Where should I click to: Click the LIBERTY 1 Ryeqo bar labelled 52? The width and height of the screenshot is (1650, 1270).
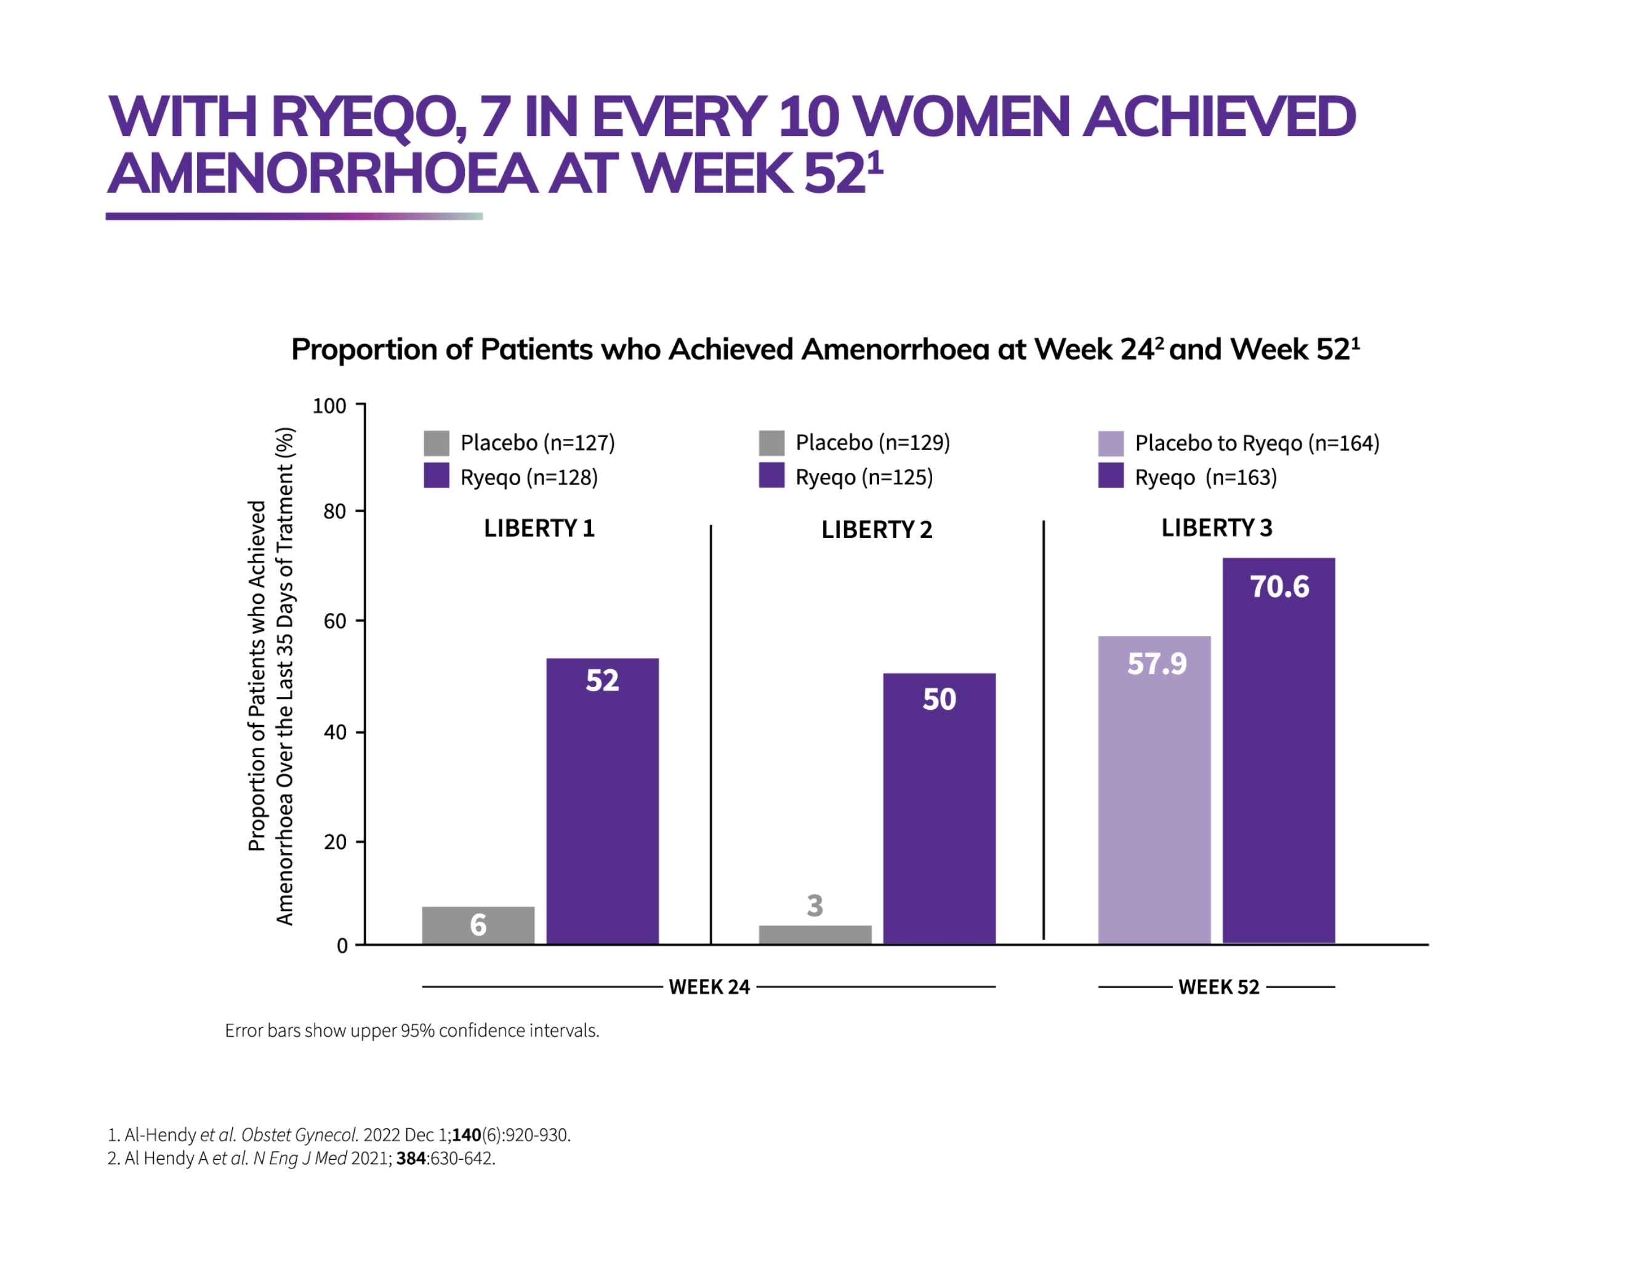pos(602,801)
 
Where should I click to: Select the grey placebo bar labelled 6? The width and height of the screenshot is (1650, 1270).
pos(478,925)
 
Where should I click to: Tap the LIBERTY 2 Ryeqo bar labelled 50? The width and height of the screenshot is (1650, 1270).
pos(939,808)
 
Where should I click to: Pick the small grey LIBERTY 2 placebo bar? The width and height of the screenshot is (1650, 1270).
pos(815,934)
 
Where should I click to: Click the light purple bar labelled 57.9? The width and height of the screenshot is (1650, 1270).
pos(1154,789)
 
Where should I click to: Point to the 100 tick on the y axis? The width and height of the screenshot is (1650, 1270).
pos(329,406)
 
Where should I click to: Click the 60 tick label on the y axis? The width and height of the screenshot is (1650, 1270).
pos(335,621)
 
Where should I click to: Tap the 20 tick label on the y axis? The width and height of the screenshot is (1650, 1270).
pos(335,842)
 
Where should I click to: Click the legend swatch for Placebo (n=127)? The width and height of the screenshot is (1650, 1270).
pos(436,443)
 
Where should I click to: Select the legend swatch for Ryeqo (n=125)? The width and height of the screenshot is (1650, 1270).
pos(771,476)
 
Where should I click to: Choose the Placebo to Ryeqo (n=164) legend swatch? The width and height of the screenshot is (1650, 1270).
pos(1111,443)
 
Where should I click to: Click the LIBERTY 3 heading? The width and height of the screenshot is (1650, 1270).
pos(1217,528)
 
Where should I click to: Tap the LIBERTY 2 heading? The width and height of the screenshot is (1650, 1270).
pos(876,529)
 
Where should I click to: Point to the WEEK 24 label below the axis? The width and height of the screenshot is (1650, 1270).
pos(709,987)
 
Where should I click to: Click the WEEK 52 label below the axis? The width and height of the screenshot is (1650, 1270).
pos(1218,987)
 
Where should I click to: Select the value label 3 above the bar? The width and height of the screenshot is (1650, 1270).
pos(815,905)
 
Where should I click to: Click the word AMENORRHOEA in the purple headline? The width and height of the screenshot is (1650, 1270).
pos(322,174)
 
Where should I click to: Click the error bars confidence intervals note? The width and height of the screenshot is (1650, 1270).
pos(412,1031)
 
